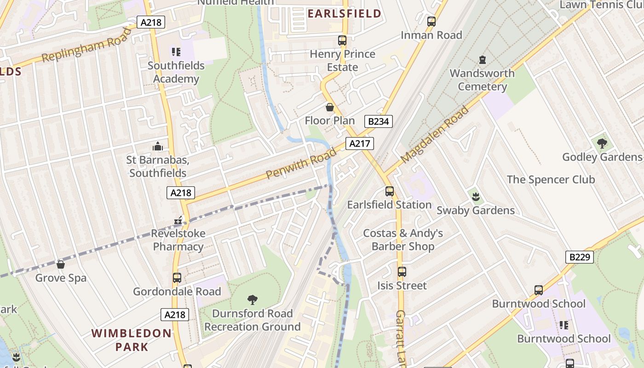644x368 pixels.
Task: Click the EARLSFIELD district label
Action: (345, 13)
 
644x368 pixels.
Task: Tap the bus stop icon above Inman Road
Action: (431, 22)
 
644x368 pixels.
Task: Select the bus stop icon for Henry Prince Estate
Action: (342, 40)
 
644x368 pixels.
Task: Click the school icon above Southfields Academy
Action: (176, 52)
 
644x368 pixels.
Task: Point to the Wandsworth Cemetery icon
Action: (482, 60)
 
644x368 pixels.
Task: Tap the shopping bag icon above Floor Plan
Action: (330, 108)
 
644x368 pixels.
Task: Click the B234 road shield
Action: (379, 121)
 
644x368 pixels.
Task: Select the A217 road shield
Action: (359, 144)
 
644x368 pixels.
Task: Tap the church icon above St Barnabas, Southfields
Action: (158, 147)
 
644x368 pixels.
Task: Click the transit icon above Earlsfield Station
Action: (390, 191)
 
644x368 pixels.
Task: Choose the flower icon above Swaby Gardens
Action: (476, 197)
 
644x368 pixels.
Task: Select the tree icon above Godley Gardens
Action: (602, 144)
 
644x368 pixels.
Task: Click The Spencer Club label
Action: (551, 179)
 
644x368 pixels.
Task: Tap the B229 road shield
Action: (579, 257)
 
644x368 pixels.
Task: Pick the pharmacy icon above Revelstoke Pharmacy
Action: (178, 221)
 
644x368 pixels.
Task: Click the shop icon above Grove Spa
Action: (61, 264)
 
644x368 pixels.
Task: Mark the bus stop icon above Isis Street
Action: (402, 272)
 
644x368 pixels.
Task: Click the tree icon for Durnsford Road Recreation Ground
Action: (252, 300)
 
